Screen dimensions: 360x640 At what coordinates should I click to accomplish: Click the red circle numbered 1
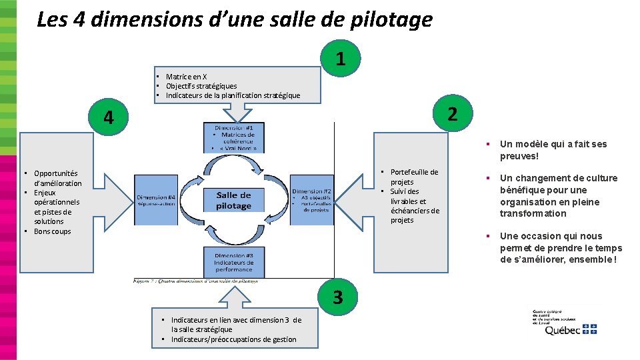pyautogui.click(x=341, y=59)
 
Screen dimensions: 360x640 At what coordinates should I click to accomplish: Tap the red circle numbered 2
pyautogui.click(x=452, y=114)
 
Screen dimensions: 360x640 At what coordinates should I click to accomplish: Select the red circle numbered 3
pyautogui.click(x=338, y=297)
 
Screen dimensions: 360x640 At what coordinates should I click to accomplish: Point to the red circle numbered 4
pyautogui.click(x=109, y=118)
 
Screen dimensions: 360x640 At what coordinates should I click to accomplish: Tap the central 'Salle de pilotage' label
pyautogui.click(x=233, y=200)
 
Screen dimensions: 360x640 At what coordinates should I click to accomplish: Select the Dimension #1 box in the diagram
pyautogui.click(x=234, y=137)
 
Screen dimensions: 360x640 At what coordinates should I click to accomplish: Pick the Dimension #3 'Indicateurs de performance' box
pyautogui.click(x=234, y=262)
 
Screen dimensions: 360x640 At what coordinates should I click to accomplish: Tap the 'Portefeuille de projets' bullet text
pyautogui.click(x=413, y=177)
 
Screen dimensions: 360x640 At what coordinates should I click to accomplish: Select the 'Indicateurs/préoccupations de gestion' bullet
pyautogui.click(x=233, y=339)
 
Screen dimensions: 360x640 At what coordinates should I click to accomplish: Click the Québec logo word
pyautogui.click(x=562, y=329)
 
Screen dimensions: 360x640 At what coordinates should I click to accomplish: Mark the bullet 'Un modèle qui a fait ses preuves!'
pyautogui.click(x=553, y=150)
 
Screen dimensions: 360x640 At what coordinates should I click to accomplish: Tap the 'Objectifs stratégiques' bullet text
pyautogui.click(x=201, y=86)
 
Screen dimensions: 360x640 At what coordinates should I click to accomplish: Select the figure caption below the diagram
pyautogui.click(x=196, y=281)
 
